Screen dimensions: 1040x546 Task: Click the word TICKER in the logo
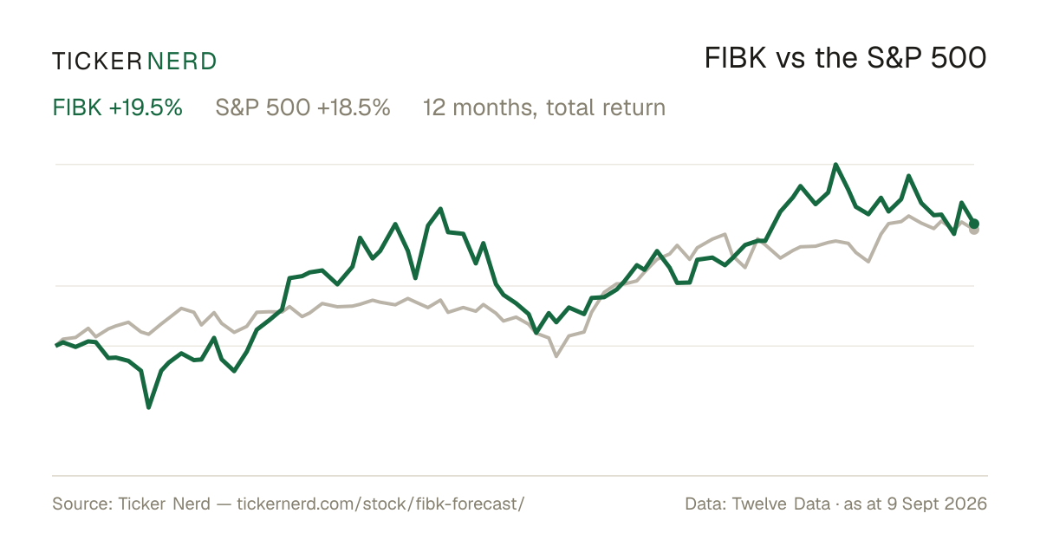[x=97, y=62]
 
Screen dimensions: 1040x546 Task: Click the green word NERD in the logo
[x=181, y=62]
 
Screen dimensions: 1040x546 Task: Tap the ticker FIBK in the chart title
[x=735, y=58]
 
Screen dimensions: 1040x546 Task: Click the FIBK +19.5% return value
[x=118, y=107]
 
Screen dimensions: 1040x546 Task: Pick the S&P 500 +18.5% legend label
[x=302, y=107]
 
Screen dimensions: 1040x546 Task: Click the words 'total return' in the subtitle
[x=606, y=107]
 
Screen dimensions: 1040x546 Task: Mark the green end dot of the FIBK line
[x=974, y=224]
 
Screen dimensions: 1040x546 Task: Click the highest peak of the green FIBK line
[x=835, y=165]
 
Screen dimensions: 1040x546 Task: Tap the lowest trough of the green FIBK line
[x=148, y=407]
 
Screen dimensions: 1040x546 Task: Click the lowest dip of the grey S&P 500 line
[x=556, y=355]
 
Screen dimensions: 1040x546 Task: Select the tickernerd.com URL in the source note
[x=380, y=504]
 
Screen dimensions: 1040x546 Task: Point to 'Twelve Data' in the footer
[x=781, y=504]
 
